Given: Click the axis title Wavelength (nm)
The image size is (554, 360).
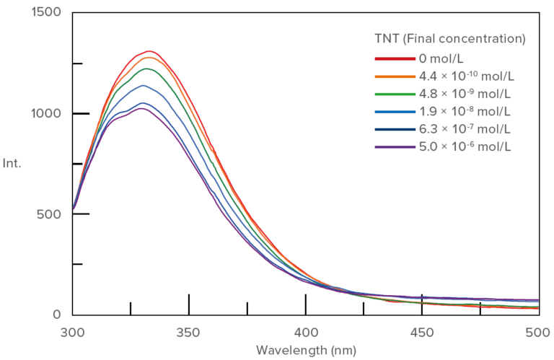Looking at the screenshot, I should [305, 351].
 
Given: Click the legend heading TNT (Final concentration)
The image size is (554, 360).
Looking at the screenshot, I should [450, 38].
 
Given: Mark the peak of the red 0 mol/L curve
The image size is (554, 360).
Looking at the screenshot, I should [150, 51].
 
